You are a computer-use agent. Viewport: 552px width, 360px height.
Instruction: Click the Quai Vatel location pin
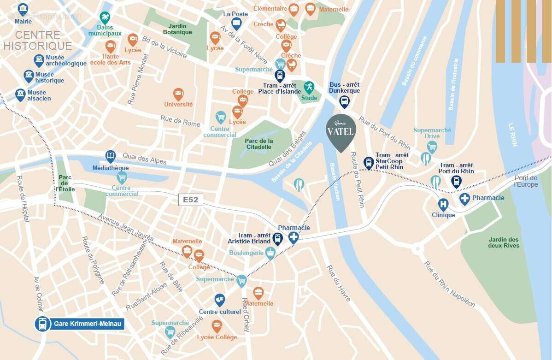341,131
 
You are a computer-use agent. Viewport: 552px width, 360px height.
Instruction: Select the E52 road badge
190,200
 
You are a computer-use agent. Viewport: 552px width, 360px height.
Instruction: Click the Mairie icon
23,9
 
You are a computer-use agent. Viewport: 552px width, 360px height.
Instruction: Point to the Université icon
178,94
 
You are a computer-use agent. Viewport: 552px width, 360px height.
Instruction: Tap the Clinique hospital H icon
443,204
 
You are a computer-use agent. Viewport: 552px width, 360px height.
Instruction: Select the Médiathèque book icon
111,156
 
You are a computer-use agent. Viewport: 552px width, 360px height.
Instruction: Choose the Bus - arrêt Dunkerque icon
344,101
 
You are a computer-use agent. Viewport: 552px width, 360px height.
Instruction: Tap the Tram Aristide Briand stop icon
277,239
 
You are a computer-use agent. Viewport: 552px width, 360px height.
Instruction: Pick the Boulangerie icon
270,252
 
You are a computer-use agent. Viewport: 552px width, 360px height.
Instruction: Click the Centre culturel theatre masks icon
220,300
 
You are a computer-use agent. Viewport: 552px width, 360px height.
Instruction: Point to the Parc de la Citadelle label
258,144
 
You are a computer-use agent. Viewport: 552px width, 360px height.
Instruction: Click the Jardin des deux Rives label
504,242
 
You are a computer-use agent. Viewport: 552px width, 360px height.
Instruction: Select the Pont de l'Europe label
526,181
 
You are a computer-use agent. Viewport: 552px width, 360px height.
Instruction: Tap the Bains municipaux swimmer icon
105,18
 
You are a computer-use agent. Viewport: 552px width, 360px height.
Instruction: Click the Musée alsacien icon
20,95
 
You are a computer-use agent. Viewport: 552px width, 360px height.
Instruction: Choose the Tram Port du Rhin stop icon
456,181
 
